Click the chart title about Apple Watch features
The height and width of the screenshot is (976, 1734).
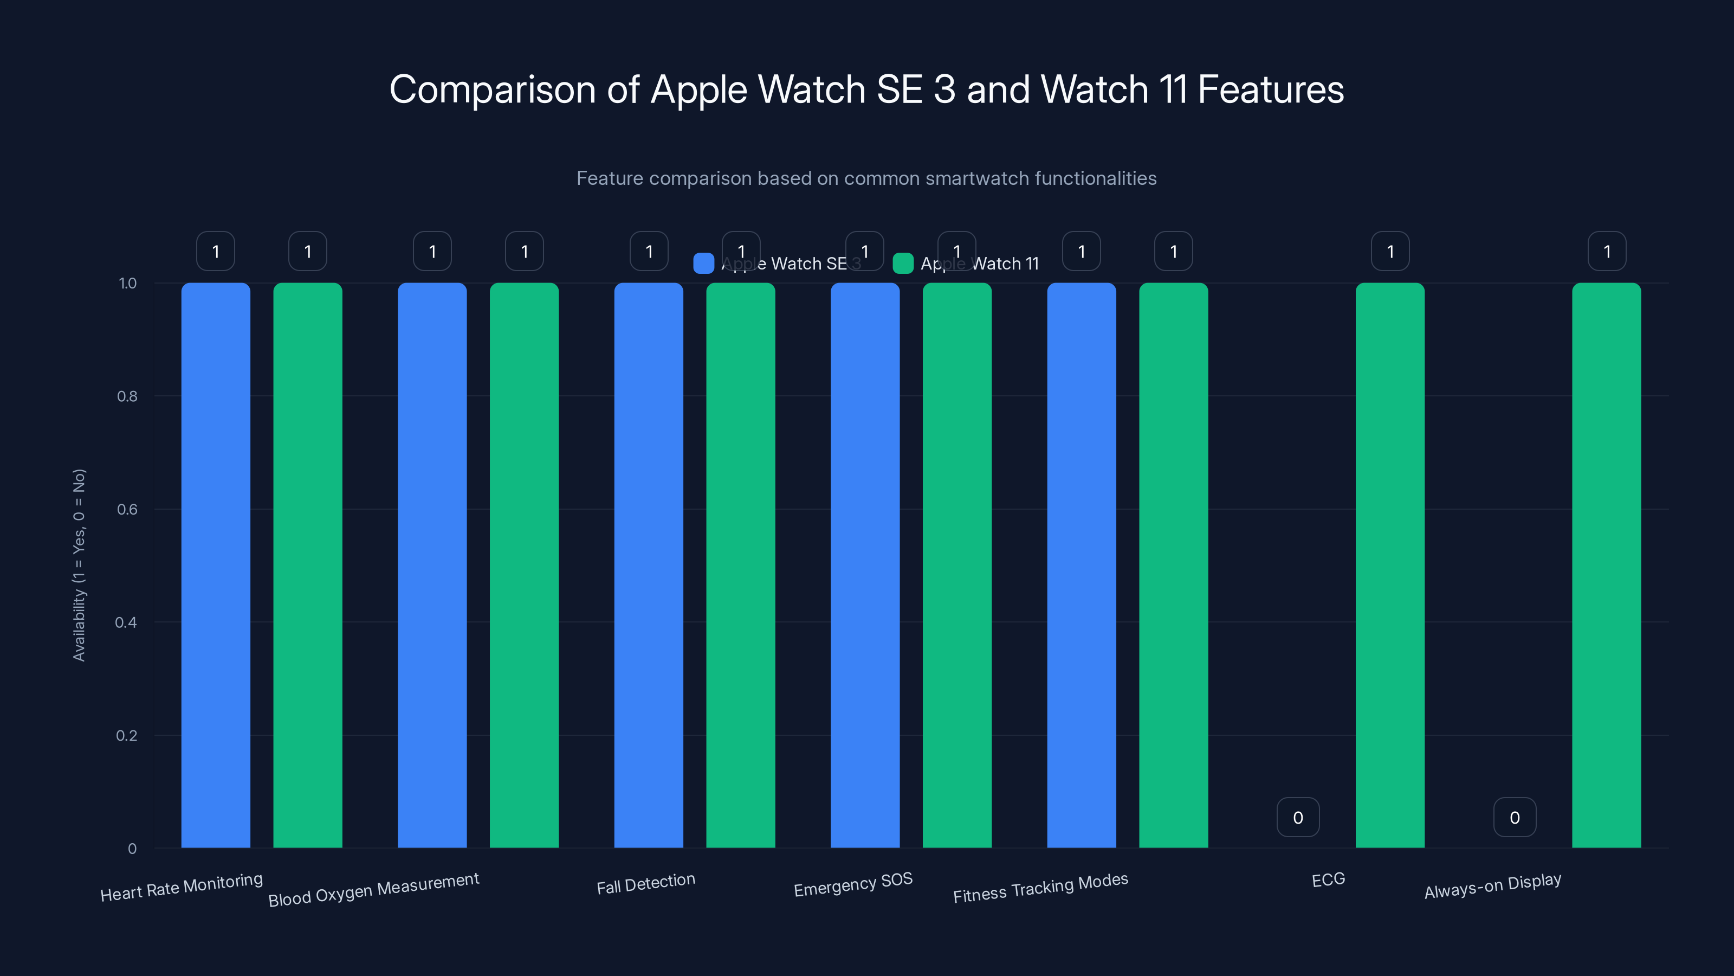tap(866, 89)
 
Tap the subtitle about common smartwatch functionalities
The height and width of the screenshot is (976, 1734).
tap(866, 178)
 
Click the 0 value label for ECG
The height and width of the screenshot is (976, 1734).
tap(1298, 818)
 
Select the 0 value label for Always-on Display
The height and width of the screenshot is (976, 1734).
tap(1515, 818)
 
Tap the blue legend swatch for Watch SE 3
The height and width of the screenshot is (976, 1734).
tap(703, 264)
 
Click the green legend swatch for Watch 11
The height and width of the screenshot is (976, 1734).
tap(903, 264)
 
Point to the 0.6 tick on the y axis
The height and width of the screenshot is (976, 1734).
tap(127, 509)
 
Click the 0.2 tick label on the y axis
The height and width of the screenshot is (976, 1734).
tap(127, 736)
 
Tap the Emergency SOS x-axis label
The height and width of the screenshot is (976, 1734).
tap(853, 884)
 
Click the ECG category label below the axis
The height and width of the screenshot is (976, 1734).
tap(1328, 879)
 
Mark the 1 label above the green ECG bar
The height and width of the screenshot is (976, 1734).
tap(1390, 251)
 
